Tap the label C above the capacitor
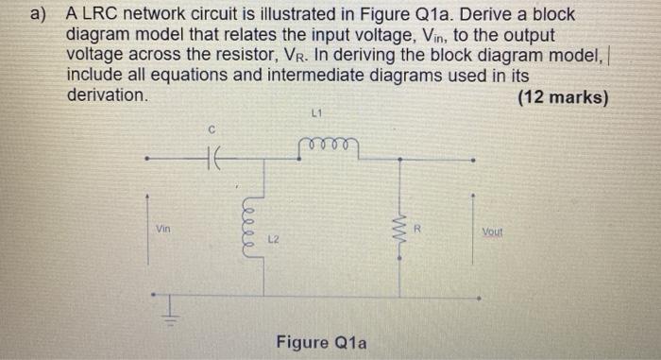pos(213,128)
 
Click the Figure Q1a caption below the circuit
pos(321,341)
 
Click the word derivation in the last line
pos(107,95)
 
